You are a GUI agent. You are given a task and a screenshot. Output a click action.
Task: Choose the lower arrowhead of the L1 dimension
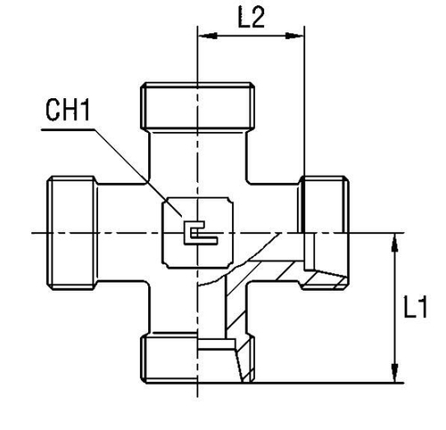(x=394, y=376)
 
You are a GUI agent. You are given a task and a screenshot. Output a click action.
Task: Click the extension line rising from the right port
(x=305, y=107)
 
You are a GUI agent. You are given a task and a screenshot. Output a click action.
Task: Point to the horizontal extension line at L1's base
(x=339, y=383)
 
